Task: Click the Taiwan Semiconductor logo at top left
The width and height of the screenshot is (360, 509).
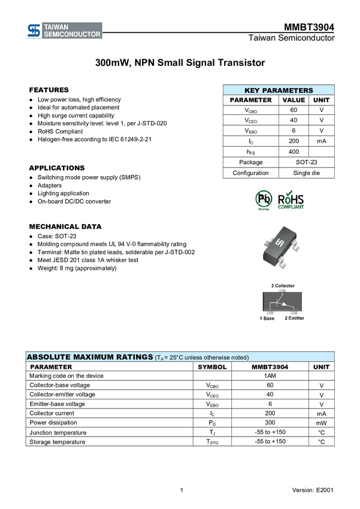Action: pos(64,31)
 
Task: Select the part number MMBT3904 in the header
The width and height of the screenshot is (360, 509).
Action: pos(309,28)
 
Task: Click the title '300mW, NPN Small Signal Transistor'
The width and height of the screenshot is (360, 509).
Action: pos(180,63)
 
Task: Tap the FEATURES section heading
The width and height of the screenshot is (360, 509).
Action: pos(49,90)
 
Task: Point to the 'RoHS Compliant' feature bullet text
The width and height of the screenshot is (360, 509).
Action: pos(60,132)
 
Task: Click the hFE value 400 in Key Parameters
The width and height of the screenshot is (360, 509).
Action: pos(294,152)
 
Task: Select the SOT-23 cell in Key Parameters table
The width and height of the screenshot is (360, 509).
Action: pos(307,162)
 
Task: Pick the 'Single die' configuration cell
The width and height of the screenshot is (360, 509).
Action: pos(307,173)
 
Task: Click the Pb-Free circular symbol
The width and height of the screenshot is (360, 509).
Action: pos(264,199)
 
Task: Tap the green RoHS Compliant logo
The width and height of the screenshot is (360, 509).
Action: pos(291,200)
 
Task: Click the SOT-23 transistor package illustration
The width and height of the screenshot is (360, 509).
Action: pos(280,247)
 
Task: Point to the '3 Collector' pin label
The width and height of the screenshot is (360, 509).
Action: pos(283,286)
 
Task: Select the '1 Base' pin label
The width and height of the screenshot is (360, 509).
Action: pos(267,319)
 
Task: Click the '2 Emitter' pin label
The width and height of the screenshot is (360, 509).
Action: pos(295,318)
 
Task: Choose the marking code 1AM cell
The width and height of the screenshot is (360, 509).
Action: pos(270,376)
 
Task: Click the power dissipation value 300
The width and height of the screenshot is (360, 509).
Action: pos(270,423)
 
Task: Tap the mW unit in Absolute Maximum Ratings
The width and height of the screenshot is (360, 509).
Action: pos(322,423)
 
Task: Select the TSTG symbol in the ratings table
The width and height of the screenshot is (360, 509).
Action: pos(212,442)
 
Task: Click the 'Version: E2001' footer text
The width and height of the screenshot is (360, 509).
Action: pos(313,490)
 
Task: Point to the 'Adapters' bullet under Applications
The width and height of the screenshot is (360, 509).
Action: pos(50,186)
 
